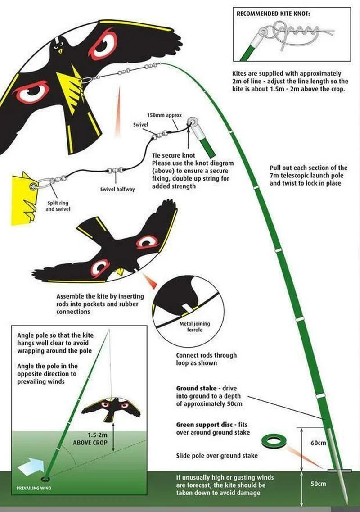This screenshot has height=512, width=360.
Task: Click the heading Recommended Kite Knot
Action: click(x=273, y=14)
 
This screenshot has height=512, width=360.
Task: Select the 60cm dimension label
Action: click(x=318, y=443)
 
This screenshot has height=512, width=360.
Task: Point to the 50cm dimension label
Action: click(x=318, y=484)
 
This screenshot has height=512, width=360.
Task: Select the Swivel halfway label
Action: click(x=117, y=189)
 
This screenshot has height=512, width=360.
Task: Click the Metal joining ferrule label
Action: click(x=195, y=326)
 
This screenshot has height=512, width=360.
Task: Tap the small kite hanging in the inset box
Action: click(x=111, y=407)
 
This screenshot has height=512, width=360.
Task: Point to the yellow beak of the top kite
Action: click(x=60, y=51)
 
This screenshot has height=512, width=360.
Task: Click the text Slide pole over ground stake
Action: click(x=217, y=456)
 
